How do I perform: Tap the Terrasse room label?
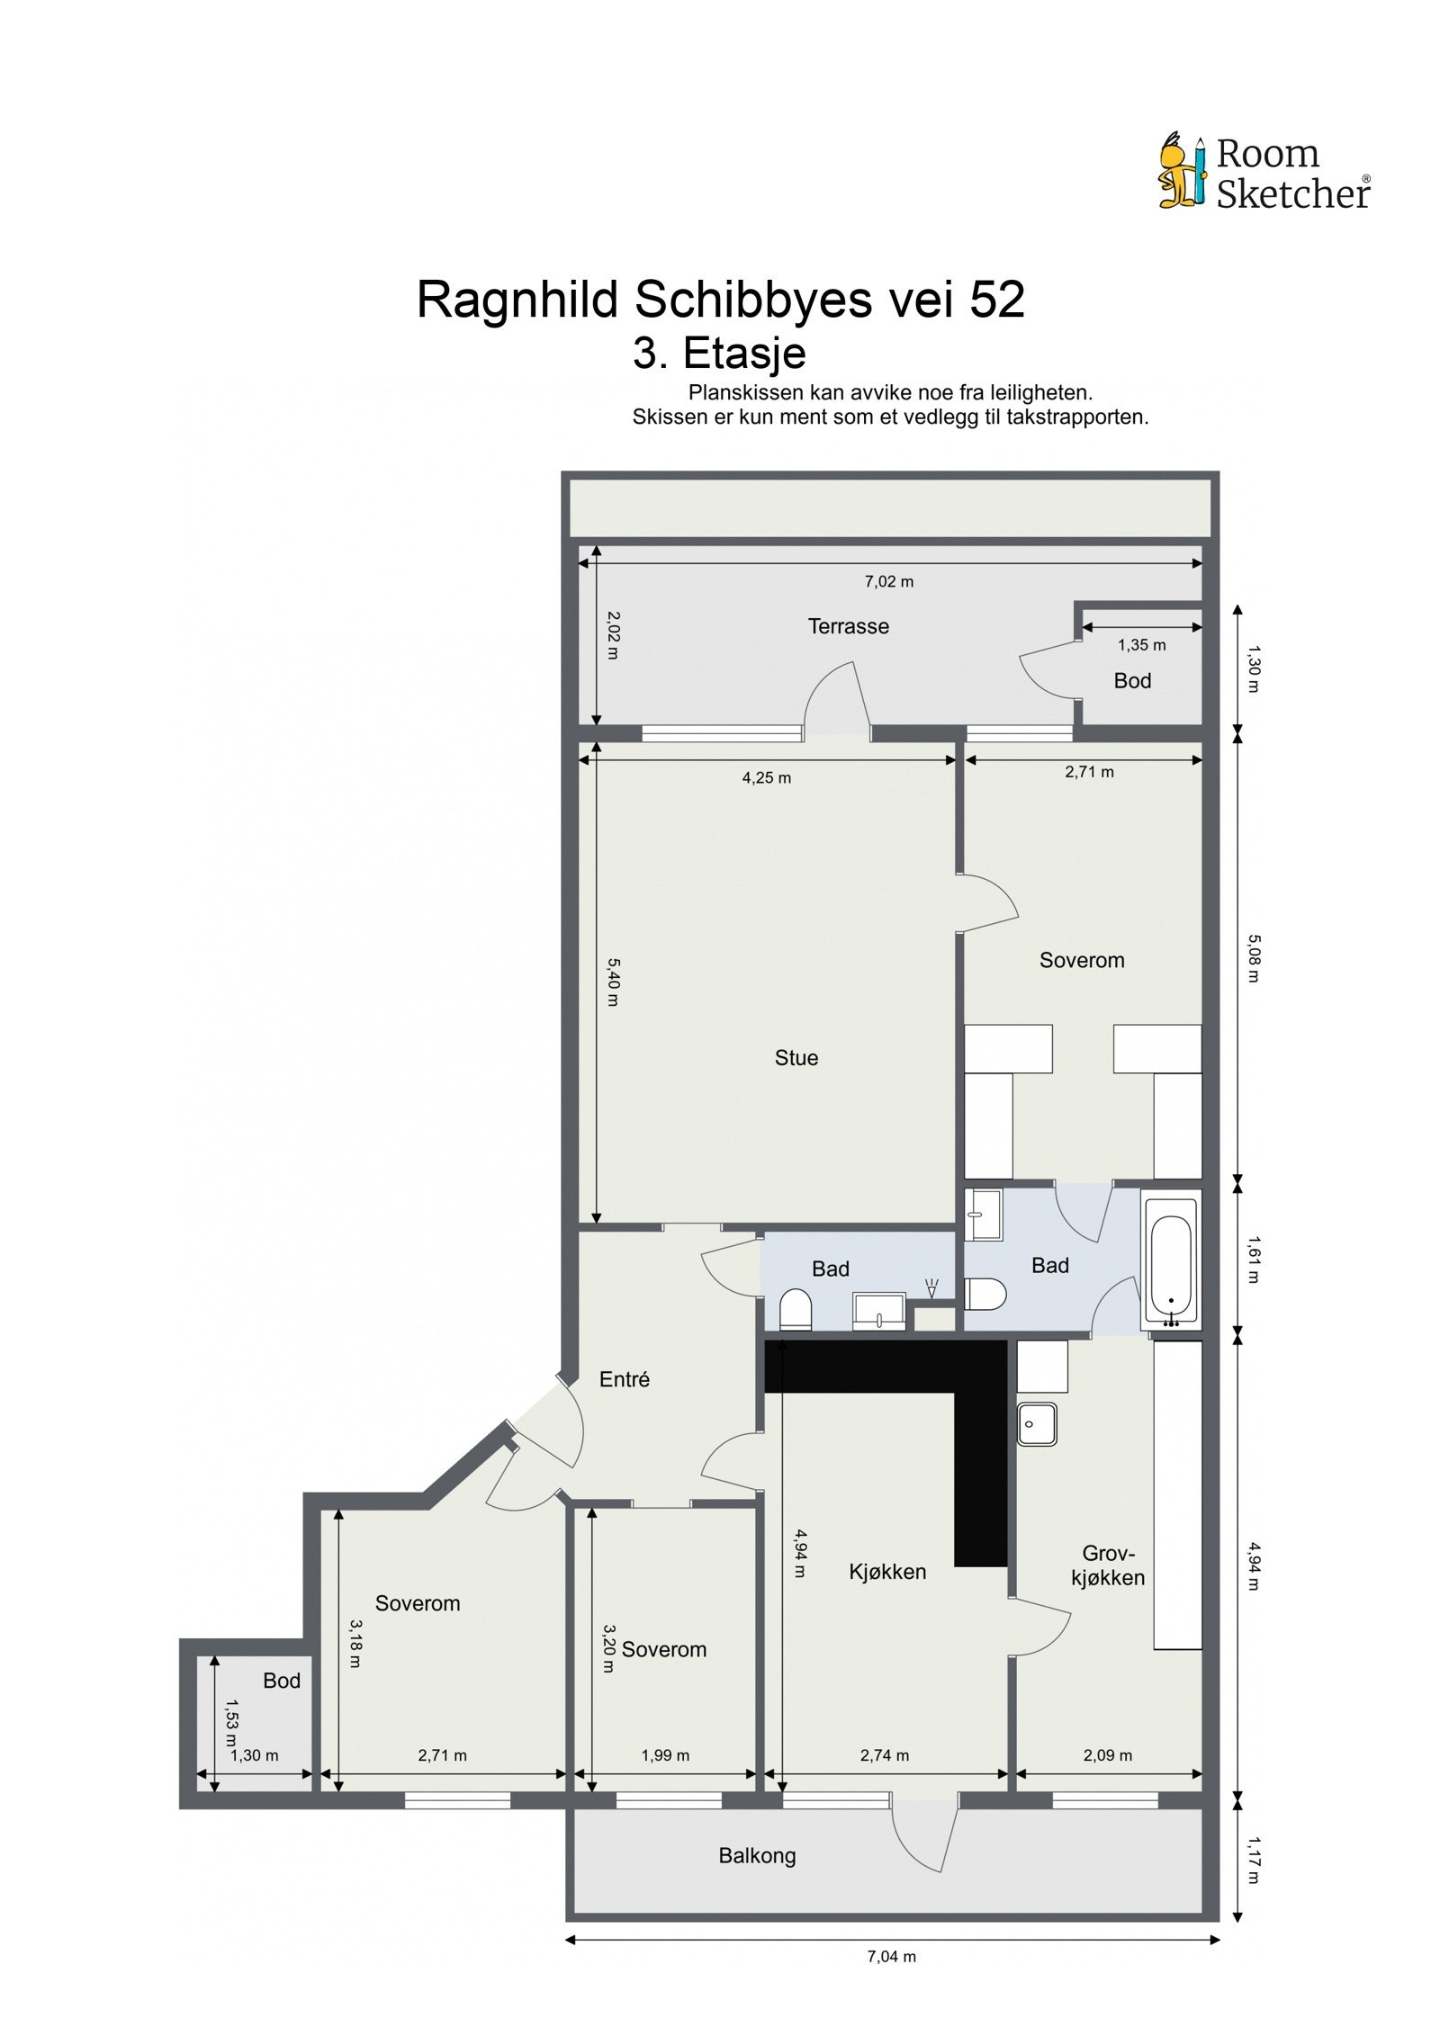[848, 626]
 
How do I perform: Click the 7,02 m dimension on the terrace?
[888, 581]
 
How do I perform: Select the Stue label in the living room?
[796, 1058]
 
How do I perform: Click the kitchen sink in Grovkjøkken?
[1037, 1424]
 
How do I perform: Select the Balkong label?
[757, 1855]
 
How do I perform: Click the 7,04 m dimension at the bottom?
[891, 1956]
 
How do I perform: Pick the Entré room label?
[624, 1379]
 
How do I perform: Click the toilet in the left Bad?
[795, 1309]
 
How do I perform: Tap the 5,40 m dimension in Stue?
[612, 982]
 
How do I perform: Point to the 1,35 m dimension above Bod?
[1141, 645]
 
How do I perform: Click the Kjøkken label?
[886, 1572]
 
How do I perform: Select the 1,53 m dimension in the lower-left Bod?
[231, 1715]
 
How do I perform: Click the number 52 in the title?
[996, 300]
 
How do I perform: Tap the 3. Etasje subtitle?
[718, 353]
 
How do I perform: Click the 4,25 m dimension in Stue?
[766, 777]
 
